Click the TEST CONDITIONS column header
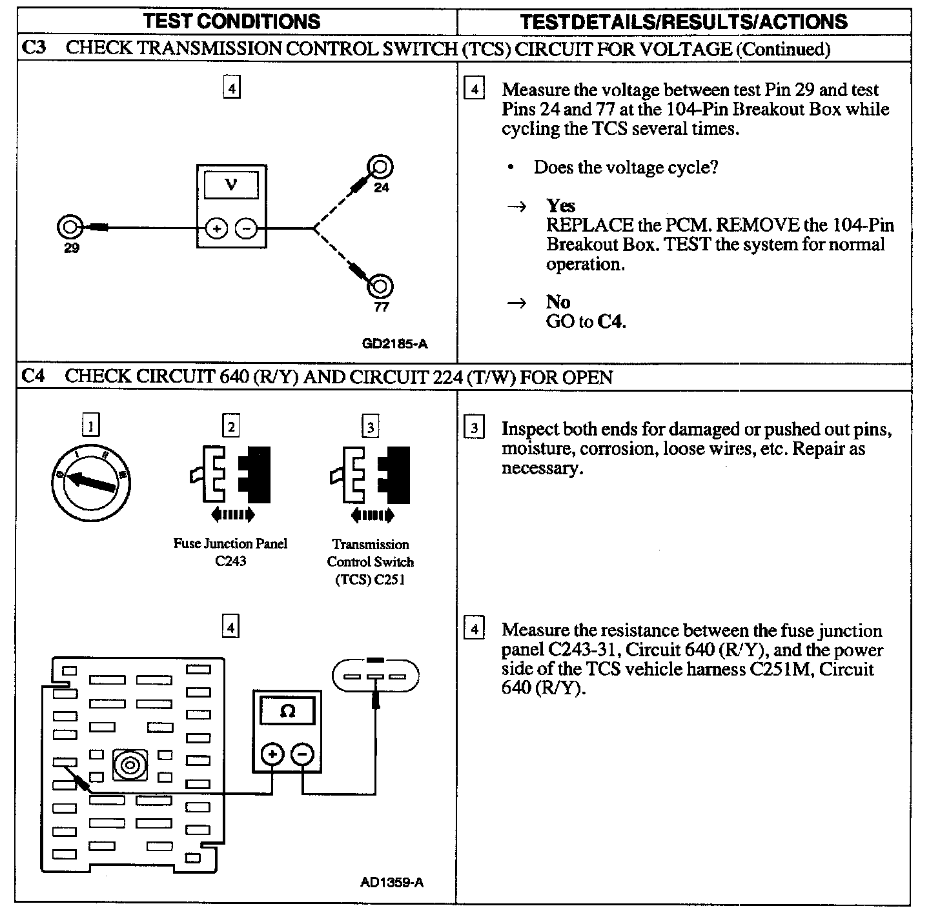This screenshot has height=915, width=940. click(232, 21)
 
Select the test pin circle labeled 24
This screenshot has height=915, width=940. click(380, 168)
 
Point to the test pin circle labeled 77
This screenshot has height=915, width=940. click(380, 286)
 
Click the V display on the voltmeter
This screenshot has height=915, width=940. click(231, 185)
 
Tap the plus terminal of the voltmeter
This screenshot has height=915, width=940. click(216, 228)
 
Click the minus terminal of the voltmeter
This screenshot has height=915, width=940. click(246, 228)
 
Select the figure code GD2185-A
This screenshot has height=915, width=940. click(394, 344)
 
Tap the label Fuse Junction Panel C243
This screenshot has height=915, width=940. click(230, 552)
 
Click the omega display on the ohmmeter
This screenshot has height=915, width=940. click(287, 711)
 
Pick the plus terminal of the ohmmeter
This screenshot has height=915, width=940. click(272, 754)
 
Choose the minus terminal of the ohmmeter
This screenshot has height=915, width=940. click(302, 754)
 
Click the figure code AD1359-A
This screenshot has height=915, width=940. click(392, 882)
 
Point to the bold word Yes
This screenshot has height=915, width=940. click(560, 206)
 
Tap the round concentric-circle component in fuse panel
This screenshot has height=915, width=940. click(129, 765)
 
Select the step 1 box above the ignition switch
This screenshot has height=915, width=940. click(91, 426)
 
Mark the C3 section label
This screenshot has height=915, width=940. click(34, 48)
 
